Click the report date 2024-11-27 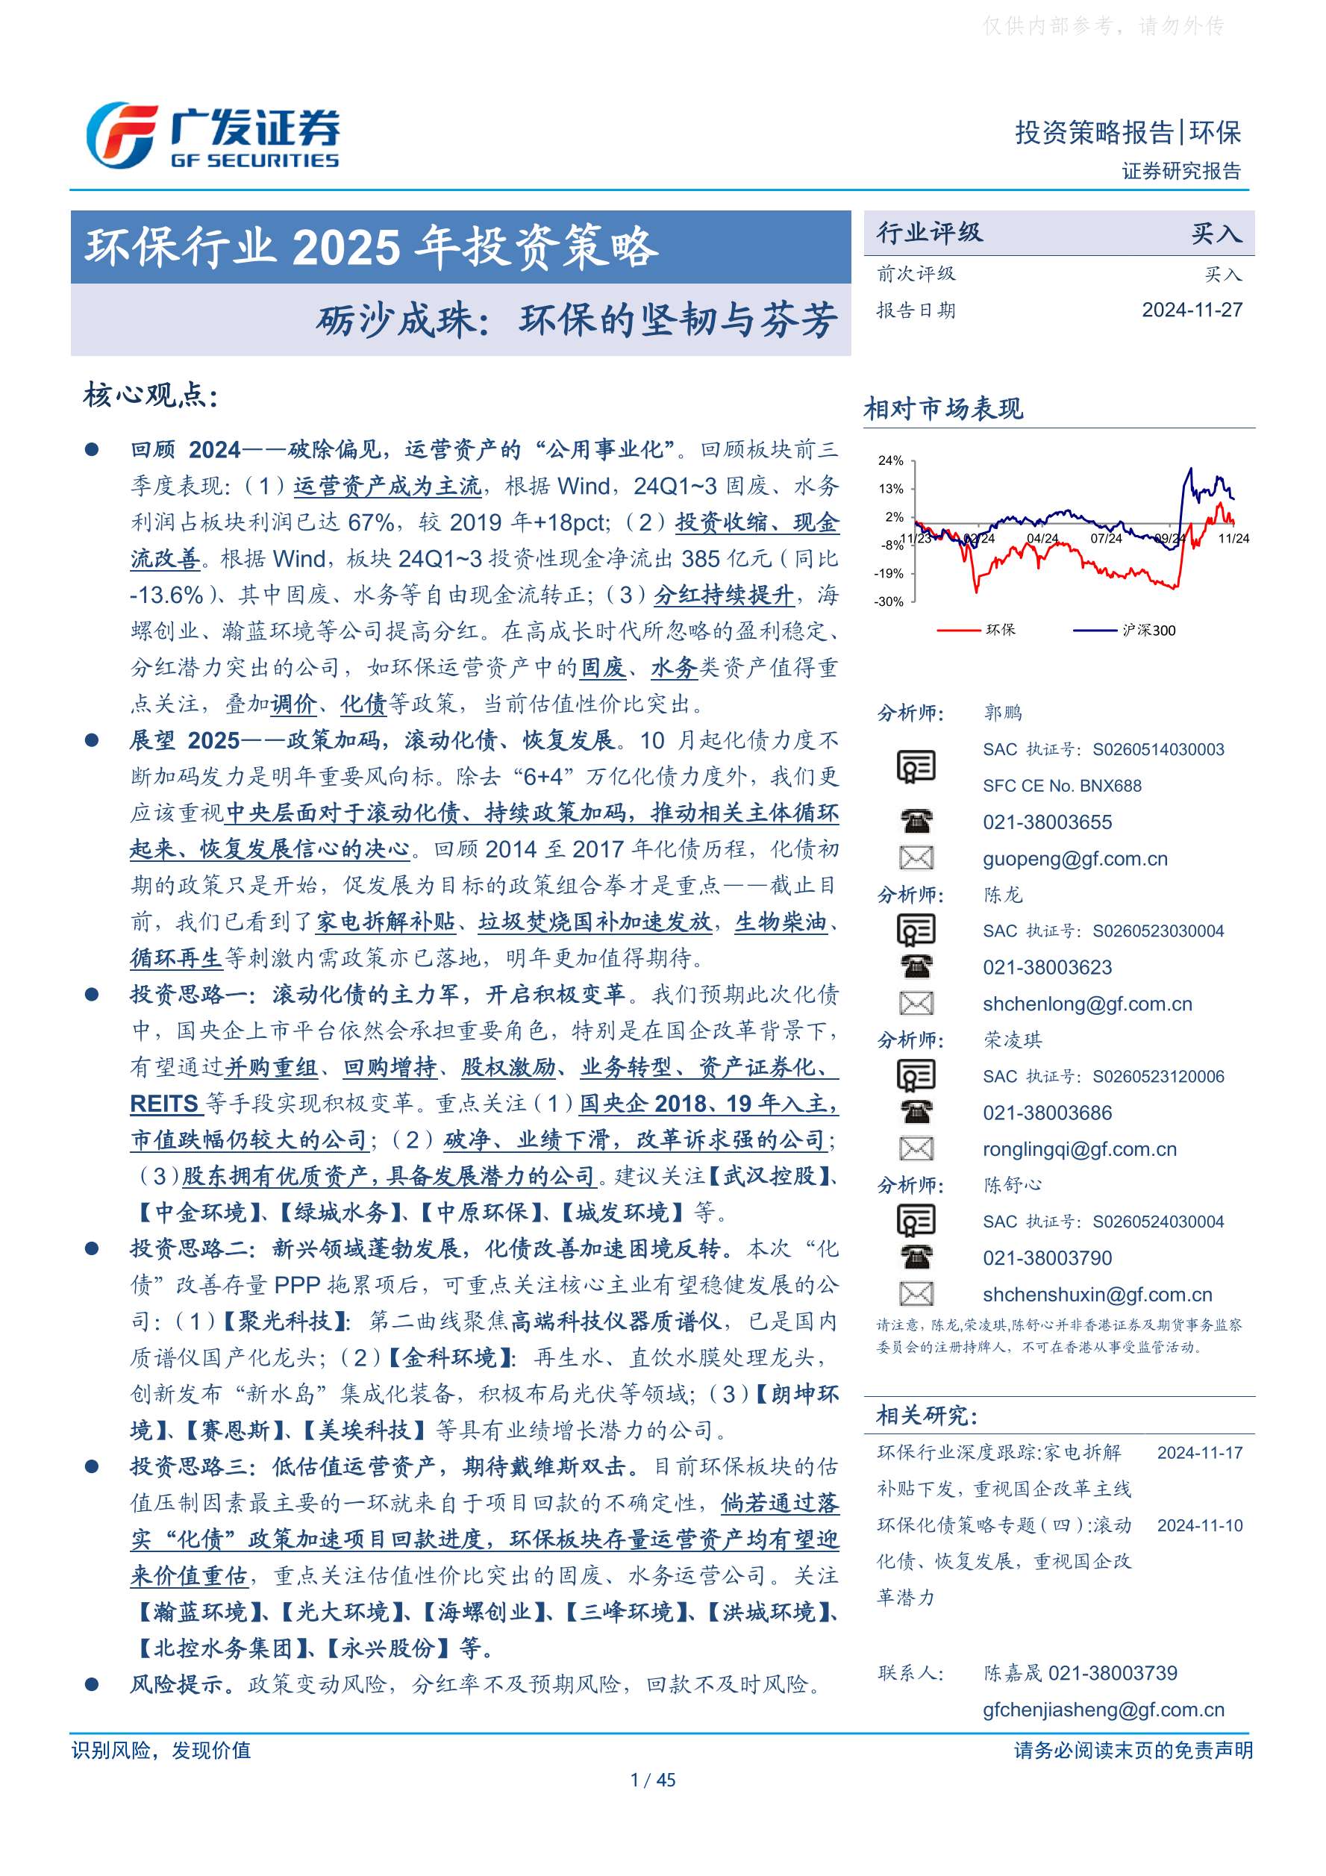[x=1191, y=310]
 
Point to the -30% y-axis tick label [x=889, y=602]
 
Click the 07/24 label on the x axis [x=1106, y=540]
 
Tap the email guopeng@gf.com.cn [x=1075, y=859]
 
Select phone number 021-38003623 [x=1047, y=967]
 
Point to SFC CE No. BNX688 [x=1061, y=786]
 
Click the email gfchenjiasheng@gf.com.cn [x=1103, y=1710]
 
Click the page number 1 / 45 [x=653, y=1780]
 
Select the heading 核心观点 [x=150, y=396]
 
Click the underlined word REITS [x=164, y=1104]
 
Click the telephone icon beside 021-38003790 [x=916, y=1257]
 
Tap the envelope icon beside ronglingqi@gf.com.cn [x=916, y=1148]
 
